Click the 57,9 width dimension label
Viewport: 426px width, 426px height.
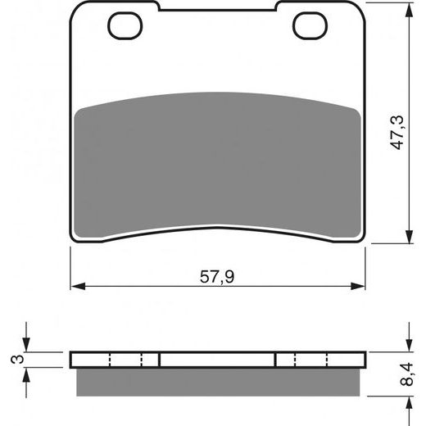click(x=217, y=277)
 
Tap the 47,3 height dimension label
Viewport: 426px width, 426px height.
click(x=397, y=133)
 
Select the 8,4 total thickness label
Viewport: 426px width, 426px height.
click(x=407, y=374)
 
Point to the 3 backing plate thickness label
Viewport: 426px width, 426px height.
click(x=17, y=359)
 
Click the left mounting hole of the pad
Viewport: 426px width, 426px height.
click(x=125, y=26)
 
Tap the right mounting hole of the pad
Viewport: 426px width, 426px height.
click(x=310, y=26)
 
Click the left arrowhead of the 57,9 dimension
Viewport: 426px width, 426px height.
click(x=78, y=286)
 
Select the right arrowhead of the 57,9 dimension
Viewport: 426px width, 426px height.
click(x=358, y=286)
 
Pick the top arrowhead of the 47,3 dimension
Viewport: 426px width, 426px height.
click(x=409, y=10)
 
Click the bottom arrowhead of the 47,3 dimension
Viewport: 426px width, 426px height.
click(x=409, y=236)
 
